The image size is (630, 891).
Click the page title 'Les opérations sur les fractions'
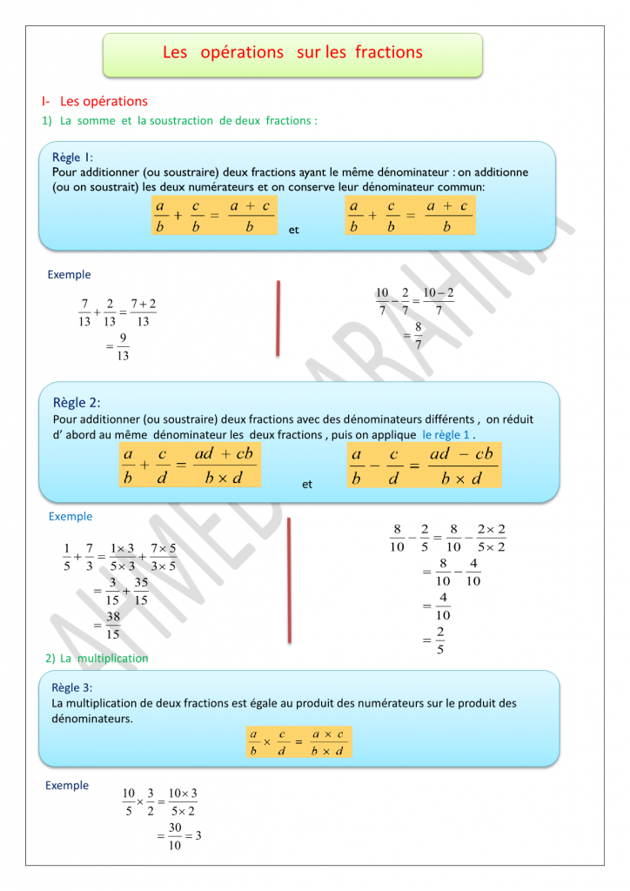[292, 53]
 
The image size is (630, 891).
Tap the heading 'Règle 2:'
[77, 402]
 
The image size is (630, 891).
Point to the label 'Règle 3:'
[71, 687]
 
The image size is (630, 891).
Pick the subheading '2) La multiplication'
[97, 659]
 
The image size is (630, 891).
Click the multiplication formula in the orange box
[299, 741]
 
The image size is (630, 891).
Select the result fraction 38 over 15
[113, 626]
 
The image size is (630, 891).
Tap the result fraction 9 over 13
[123, 346]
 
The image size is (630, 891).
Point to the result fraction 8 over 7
[418, 335]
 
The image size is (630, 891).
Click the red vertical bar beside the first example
[278, 318]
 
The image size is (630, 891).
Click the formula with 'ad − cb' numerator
[423, 466]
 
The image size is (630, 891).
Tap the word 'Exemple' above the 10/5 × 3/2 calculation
[67, 786]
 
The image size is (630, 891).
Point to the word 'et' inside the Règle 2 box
[307, 485]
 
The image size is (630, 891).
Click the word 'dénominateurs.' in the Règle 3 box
[92, 719]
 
